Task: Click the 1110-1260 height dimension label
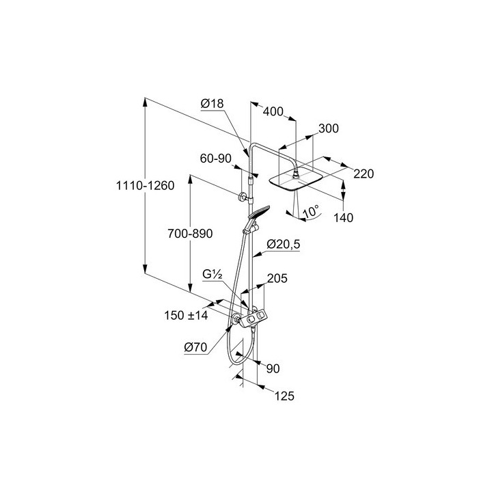click(x=146, y=185)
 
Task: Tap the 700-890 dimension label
click(x=190, y=234)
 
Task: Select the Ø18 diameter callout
click(x=212, y=103)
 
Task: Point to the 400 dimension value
click(x=273, y=111)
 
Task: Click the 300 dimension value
click(x=329, y=128)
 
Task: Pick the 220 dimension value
click(x=364, y=174)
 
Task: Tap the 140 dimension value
click(x=343, y=217)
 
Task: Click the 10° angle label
click(x=312, y=211)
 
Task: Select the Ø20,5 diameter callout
click(x=284, y=244)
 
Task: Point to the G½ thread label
click(x=213, y=275)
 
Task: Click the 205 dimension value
click(x=277, y=278)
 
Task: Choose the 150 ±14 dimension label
click(x=186, y=315)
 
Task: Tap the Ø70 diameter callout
click(x=196, y=347)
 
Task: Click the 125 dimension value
click(x=284, y=396)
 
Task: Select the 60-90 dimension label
click(x=215, y=159)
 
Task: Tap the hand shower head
click(x=259, y=213)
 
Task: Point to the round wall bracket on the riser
click(x=242, y=197)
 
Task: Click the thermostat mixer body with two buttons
click(x=254, y=318)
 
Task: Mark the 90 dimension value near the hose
click(x=273, y=369)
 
